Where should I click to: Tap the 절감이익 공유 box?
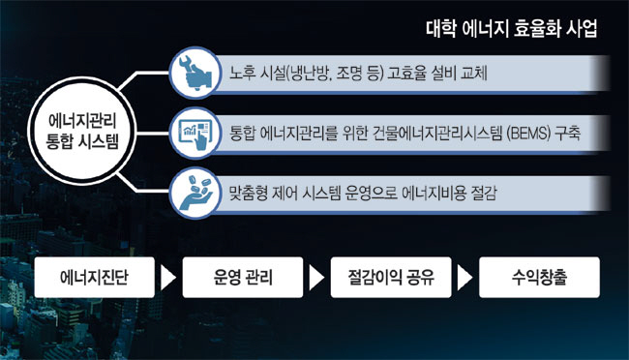click(391, 279)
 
